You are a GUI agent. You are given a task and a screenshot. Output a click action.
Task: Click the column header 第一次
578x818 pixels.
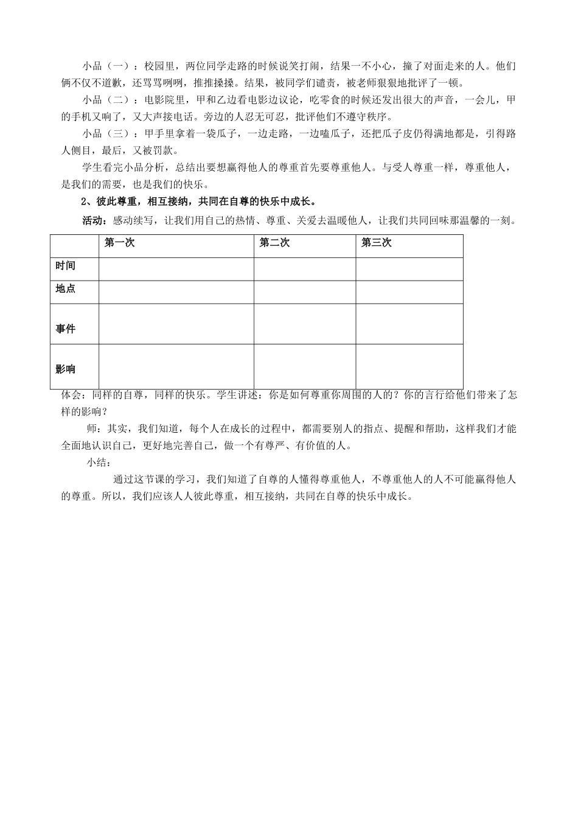(x=119, y=243)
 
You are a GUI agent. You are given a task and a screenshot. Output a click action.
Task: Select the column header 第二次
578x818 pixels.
(x=274, y=243)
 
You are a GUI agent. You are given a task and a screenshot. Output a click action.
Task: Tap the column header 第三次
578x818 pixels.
(x=376, y=243)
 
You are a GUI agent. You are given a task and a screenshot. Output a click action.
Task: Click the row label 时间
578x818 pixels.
(x=66, y=266)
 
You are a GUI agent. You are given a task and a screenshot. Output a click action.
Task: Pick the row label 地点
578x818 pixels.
(x=66, y=288)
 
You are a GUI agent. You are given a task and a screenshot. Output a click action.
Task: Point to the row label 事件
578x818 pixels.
(x=66, y=329)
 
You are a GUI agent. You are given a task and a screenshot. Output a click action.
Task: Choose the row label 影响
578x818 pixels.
(x=66, y=369)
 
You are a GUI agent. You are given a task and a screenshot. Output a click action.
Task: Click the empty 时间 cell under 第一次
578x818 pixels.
(x=176, y=269)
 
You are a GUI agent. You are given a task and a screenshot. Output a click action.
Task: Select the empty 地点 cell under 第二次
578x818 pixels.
(x=305, y=292)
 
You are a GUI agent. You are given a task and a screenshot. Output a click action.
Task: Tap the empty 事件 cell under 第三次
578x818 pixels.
(x=409, y=324)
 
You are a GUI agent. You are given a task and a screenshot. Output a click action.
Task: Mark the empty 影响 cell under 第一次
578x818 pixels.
(x=176, y=366)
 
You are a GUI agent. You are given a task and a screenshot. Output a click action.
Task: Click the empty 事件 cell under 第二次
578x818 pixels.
(x=305, y=324)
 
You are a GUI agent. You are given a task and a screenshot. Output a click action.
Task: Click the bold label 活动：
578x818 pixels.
(x=93, y=220)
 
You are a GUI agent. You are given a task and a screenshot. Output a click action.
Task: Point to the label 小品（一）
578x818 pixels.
(x=105, y=66)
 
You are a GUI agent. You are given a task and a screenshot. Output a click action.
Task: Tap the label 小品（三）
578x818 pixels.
(x=105, y=134)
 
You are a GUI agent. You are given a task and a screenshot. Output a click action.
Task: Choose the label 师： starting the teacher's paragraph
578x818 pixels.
(x=96, y=428)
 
